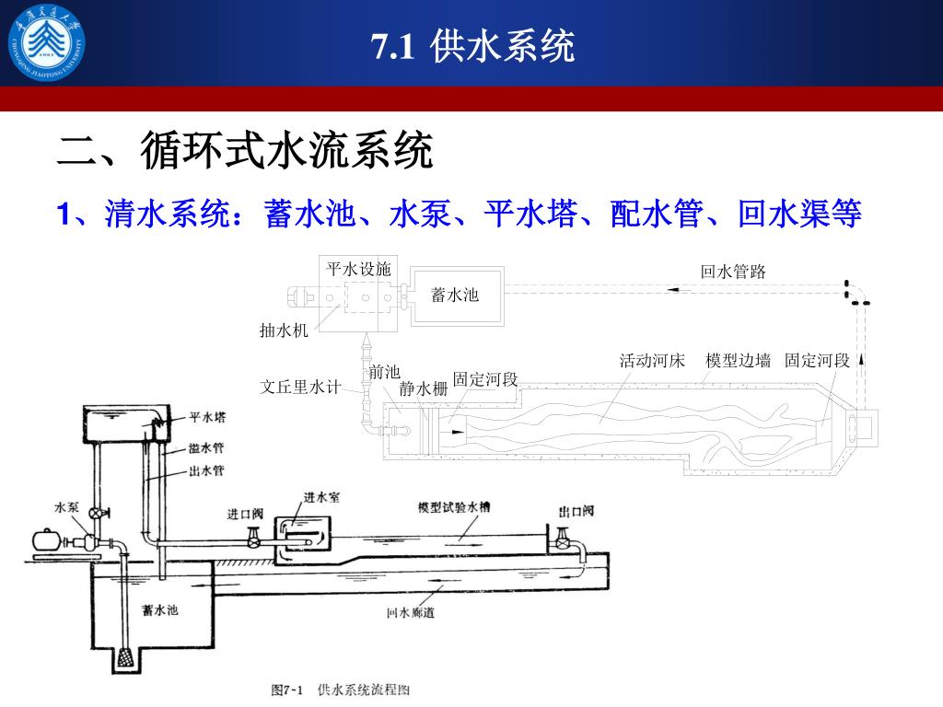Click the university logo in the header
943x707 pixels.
coord(46,43)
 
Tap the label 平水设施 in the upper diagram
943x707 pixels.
coord(359,269)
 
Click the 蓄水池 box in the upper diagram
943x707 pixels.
coord(455,295)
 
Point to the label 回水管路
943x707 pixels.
coord(733,271)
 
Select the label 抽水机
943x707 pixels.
coord(284,330)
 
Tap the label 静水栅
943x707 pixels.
coord(424,388)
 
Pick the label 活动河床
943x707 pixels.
coord(652,360)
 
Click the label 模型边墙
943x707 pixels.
coord(738,360)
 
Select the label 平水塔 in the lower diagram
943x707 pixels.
coord(208,417)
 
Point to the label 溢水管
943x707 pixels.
coord(207,448)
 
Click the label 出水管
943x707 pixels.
coord(207,470)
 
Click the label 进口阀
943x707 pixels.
coord(246,514)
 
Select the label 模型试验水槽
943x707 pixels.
coord(454,507)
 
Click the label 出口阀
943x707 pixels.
coord(576,511)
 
